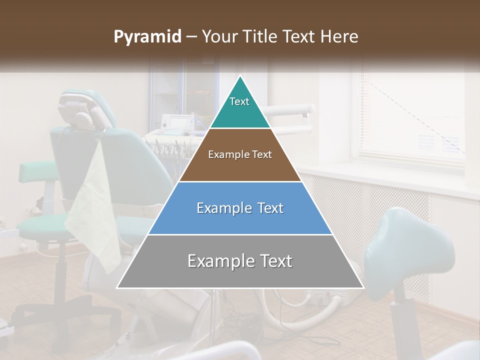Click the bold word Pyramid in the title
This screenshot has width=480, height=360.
click(147, 37)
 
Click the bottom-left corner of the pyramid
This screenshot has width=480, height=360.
click(118, 287)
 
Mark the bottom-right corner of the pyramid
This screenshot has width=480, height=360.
click(363, 287)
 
